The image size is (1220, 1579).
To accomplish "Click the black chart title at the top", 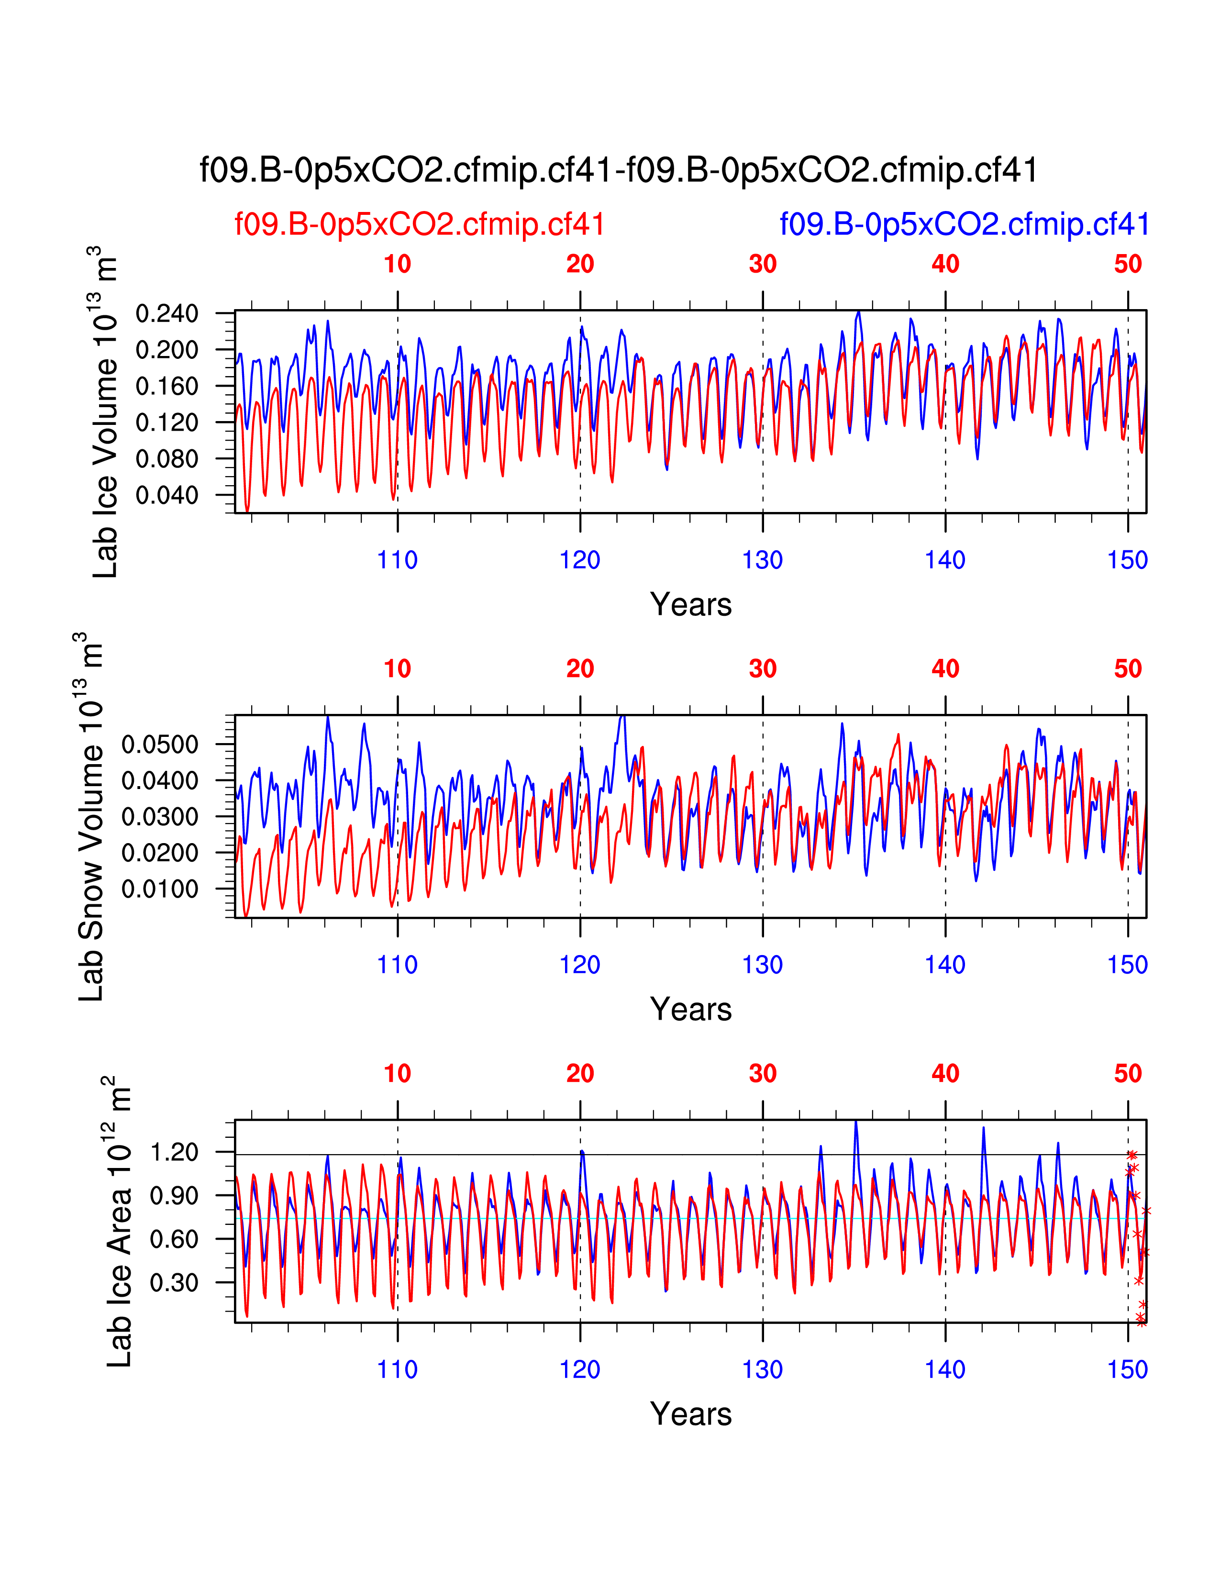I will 619,171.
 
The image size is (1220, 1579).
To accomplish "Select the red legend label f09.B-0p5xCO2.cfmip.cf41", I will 419,225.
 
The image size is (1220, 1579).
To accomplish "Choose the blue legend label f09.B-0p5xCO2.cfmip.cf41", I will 964,225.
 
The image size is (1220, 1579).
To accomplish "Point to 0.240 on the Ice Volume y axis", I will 167,314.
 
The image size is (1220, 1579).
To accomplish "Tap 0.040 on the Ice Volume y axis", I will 167,495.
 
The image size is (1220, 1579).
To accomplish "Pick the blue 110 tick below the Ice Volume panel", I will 398,560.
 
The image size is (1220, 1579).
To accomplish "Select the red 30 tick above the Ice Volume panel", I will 763,265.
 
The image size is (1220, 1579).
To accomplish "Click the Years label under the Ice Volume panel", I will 690,604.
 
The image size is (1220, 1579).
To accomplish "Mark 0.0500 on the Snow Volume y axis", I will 160,745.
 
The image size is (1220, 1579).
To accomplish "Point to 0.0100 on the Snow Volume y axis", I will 160,890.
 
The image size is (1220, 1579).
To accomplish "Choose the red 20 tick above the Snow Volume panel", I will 580,669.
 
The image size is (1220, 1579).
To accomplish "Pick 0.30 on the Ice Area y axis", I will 174,1282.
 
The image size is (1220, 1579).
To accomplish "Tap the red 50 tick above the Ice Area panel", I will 1128,1074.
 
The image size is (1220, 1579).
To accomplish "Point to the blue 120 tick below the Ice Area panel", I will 580,1369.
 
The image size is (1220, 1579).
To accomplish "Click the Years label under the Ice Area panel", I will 690,1414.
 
